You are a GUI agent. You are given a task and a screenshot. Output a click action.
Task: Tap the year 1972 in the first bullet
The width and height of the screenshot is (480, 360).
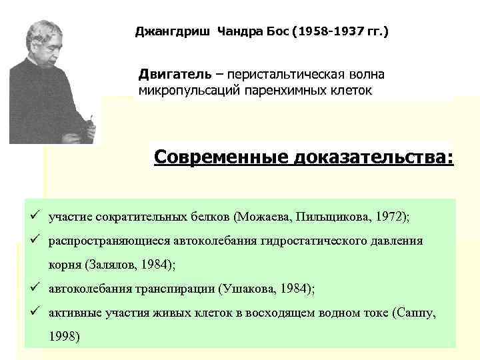(x=390, y=217)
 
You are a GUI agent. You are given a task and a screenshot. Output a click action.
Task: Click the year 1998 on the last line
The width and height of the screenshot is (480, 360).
(x=64, y=336)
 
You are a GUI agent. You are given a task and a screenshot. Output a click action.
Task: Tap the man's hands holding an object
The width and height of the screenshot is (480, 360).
(x=85, y=125)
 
